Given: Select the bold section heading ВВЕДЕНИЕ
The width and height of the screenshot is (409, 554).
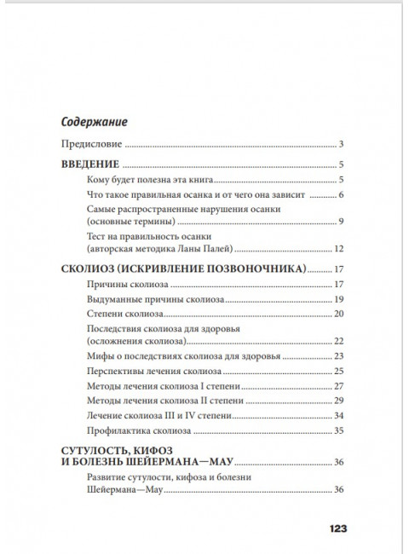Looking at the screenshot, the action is click(x=92, y=164).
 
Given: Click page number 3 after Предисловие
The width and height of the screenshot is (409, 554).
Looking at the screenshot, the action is click(x=340, y=144).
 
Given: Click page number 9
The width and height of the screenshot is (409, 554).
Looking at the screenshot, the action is click(x=340, y=223).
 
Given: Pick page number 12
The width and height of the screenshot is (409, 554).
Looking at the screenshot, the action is click(x=337, y=249).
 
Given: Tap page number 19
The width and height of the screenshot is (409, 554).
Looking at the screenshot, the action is click(x=337, y=299).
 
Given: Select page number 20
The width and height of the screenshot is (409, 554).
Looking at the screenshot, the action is click(x=337, y=315).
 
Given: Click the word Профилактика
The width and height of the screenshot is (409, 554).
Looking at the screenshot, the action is click(x=118, y=432).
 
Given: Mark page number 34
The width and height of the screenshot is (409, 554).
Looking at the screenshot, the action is click(x=337, y=416).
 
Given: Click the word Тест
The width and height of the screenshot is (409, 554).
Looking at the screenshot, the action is click(x=98, y=236).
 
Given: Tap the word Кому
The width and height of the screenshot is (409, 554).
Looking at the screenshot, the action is click(x=101, y=180).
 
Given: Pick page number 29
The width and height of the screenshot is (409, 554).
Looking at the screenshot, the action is click(x=337, y=401).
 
